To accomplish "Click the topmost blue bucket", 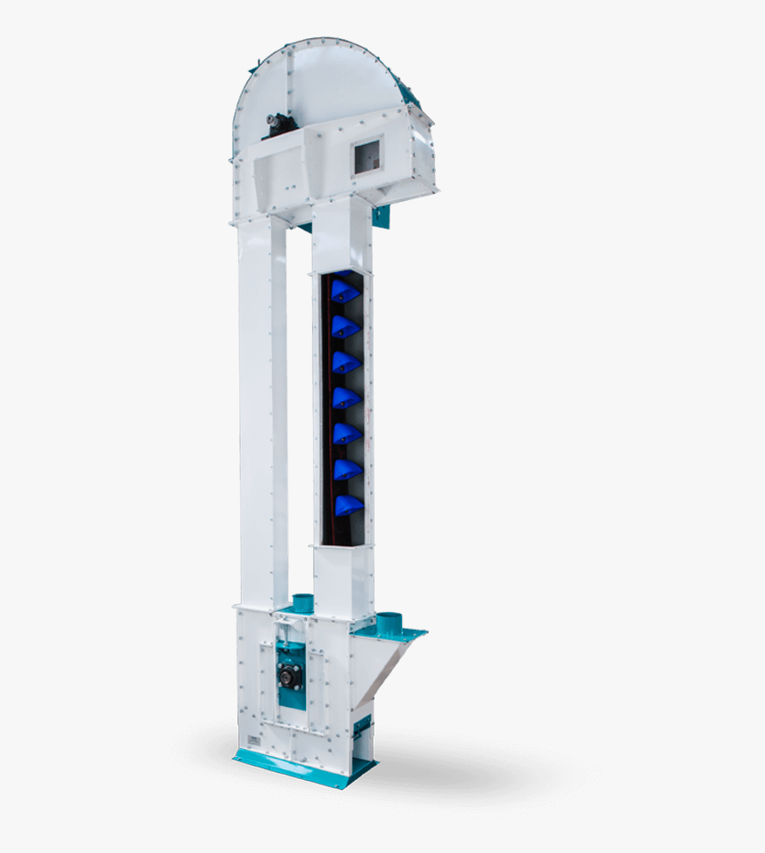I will point(344,292).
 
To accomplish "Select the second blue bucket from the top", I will point(345,327).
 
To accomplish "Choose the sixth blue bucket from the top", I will point(347,470).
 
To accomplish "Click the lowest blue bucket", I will point(348,505).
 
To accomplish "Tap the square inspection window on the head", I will point(367,157).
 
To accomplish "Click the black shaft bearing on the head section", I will point(279,125).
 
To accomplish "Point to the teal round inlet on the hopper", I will point(389,624).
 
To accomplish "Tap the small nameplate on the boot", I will point(255,739).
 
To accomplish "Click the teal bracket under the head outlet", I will point(382,216).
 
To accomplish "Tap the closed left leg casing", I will point(262,409).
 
